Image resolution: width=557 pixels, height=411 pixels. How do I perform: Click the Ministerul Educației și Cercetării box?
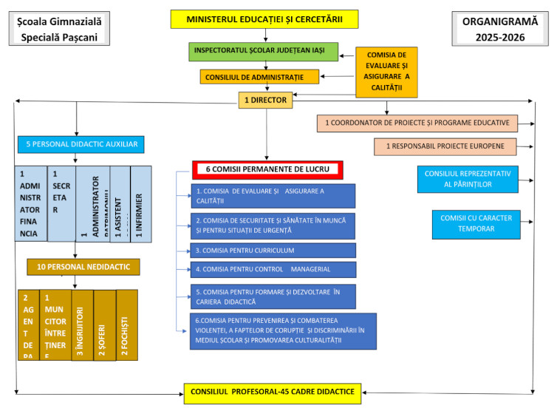coord(264,18)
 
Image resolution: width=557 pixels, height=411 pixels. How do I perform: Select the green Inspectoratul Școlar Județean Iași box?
coord(264,52)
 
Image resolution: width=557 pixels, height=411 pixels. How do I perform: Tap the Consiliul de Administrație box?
coord(259,76)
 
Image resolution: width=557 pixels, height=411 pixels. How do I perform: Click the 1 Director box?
coord(265,99)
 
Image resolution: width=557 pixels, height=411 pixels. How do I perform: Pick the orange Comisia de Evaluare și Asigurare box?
coord(386,72)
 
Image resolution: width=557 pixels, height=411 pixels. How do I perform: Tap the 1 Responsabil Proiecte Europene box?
coord(445,146)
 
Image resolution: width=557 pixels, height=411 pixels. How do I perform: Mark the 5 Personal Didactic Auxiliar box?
coord(81,143)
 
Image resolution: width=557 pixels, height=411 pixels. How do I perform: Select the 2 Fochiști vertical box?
coord(127,325)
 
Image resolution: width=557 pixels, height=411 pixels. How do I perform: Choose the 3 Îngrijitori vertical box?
coord(83,325)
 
